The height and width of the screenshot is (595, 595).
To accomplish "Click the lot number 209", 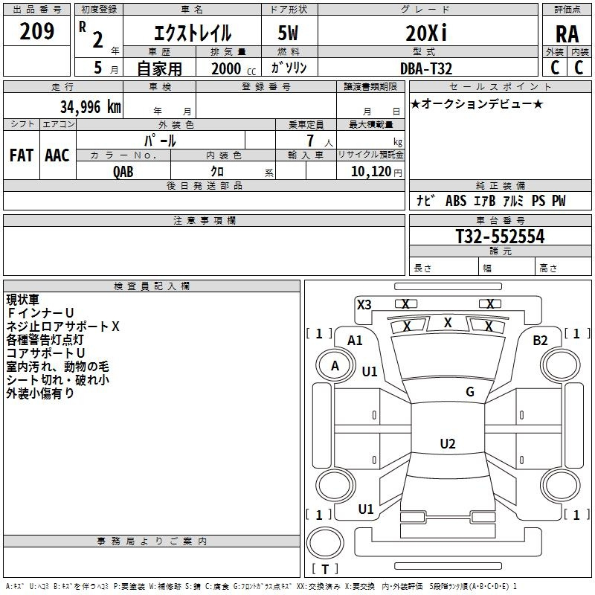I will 36,31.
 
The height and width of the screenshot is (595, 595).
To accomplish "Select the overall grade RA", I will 567,35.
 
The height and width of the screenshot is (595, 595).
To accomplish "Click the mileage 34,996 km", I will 90,107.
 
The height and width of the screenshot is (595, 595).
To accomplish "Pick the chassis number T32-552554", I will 500,237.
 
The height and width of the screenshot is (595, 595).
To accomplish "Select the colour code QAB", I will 123,172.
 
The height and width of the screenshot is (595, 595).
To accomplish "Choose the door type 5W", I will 289,33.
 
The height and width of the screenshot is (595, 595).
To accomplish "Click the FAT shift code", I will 21,155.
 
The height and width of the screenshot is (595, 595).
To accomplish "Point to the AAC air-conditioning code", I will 57,155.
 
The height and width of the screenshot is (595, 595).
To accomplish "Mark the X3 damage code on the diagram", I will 364,304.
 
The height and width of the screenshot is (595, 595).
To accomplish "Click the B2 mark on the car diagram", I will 540,340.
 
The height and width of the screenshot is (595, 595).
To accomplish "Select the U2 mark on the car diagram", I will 447,444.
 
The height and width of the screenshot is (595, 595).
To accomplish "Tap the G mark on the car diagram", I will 469,392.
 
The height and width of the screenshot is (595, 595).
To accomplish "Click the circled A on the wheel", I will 335,365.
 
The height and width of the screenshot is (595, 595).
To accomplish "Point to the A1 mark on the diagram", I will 356,340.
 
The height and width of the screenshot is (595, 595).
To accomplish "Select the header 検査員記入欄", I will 152,286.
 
